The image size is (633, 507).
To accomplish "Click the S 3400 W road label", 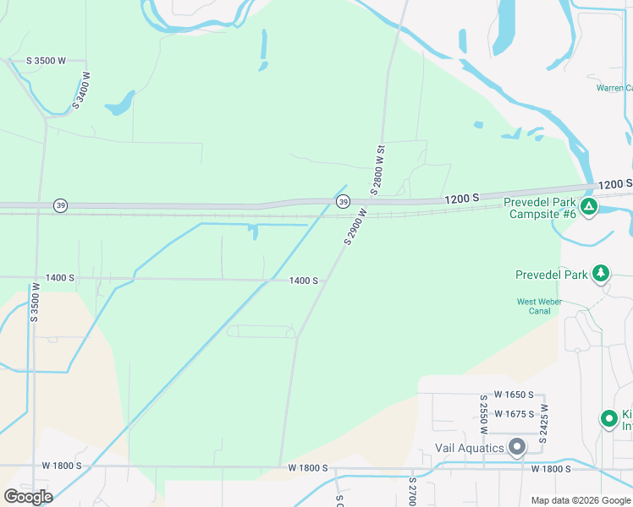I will coord(82,90).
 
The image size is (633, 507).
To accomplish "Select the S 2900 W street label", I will coord(355,226).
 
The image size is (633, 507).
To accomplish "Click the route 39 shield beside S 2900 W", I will coord(343,201).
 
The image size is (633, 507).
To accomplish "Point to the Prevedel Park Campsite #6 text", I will coord(540,208).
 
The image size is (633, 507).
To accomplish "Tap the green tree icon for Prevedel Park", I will coord(601,273).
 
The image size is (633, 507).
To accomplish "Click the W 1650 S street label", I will coord(514,395).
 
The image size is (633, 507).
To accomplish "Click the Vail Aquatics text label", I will coord(470,448).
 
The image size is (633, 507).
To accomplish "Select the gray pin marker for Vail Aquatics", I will coord(517,446).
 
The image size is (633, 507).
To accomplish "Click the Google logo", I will coord(28,496).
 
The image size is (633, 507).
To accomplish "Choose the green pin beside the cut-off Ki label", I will coord(608,418).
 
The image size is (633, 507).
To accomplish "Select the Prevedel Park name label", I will coord(551,275).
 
